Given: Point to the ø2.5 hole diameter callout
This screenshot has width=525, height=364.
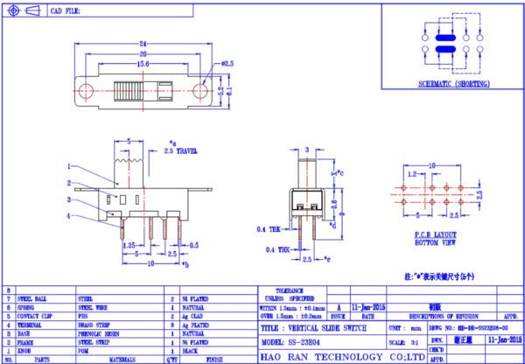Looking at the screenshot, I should (x=227, y=65).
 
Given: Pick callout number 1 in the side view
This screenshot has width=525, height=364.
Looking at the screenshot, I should (x=69, y=166).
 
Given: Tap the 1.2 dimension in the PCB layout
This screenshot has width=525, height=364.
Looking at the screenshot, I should (x=410, y=174).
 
